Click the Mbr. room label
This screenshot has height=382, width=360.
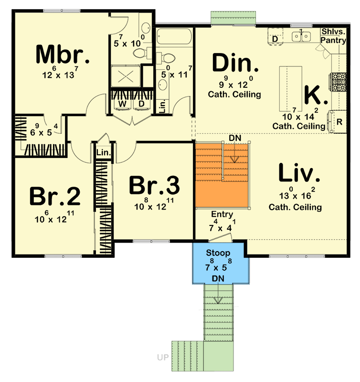point(63,55)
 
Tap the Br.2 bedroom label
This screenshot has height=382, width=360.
point(54,196)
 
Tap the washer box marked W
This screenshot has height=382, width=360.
point(123,104)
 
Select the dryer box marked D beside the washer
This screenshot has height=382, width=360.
point(141,104)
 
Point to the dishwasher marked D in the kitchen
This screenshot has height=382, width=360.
point(275,38)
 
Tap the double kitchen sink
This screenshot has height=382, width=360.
point(301,36)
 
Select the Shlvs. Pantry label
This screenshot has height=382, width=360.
point(333,36)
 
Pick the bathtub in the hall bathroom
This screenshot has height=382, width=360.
point(174,37)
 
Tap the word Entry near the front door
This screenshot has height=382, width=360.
point(222,215)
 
